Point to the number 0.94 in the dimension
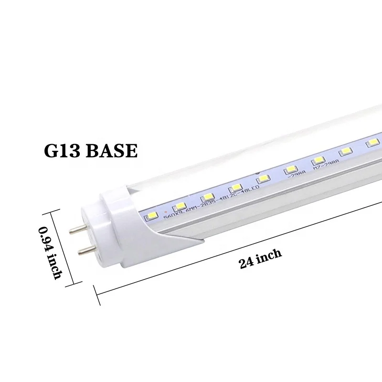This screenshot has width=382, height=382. coord(46,236)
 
